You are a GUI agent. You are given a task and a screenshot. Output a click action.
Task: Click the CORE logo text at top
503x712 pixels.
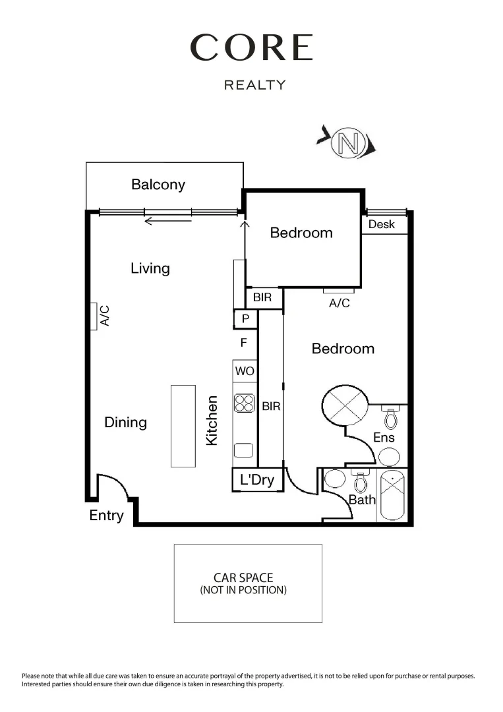[x=251, y=48]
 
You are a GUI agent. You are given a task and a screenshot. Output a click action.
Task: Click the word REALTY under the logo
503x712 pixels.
[x=255, y=85]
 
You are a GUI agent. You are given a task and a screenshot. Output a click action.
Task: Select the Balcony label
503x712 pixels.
[x=158, y=185]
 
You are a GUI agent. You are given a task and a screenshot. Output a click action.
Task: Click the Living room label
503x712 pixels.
[x=150, y=268]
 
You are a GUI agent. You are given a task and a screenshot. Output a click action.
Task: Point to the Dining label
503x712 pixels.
[x=125, y=423]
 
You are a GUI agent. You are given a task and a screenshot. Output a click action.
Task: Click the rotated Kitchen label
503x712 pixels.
[x=212, y=420]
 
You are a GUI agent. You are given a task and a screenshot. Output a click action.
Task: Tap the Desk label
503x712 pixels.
[x=381, y=224]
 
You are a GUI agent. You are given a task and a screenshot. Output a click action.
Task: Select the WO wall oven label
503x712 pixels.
[x=245, y=372]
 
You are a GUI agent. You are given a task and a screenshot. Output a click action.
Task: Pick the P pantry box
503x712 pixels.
[x=245, y=319]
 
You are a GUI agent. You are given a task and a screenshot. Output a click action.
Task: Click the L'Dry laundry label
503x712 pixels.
[x=257, y=480]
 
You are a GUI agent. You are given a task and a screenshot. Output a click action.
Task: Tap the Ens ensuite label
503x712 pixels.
[x=384, y=437]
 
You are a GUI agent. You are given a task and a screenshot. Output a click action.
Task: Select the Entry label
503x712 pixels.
[x=106, y=516]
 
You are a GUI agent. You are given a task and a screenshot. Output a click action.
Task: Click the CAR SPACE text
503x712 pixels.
[x=243, y=578]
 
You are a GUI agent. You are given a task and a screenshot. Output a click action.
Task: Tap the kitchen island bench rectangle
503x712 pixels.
[x=183, y=427]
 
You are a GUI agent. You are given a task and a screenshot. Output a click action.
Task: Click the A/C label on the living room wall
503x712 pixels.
[x=104, y=316]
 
